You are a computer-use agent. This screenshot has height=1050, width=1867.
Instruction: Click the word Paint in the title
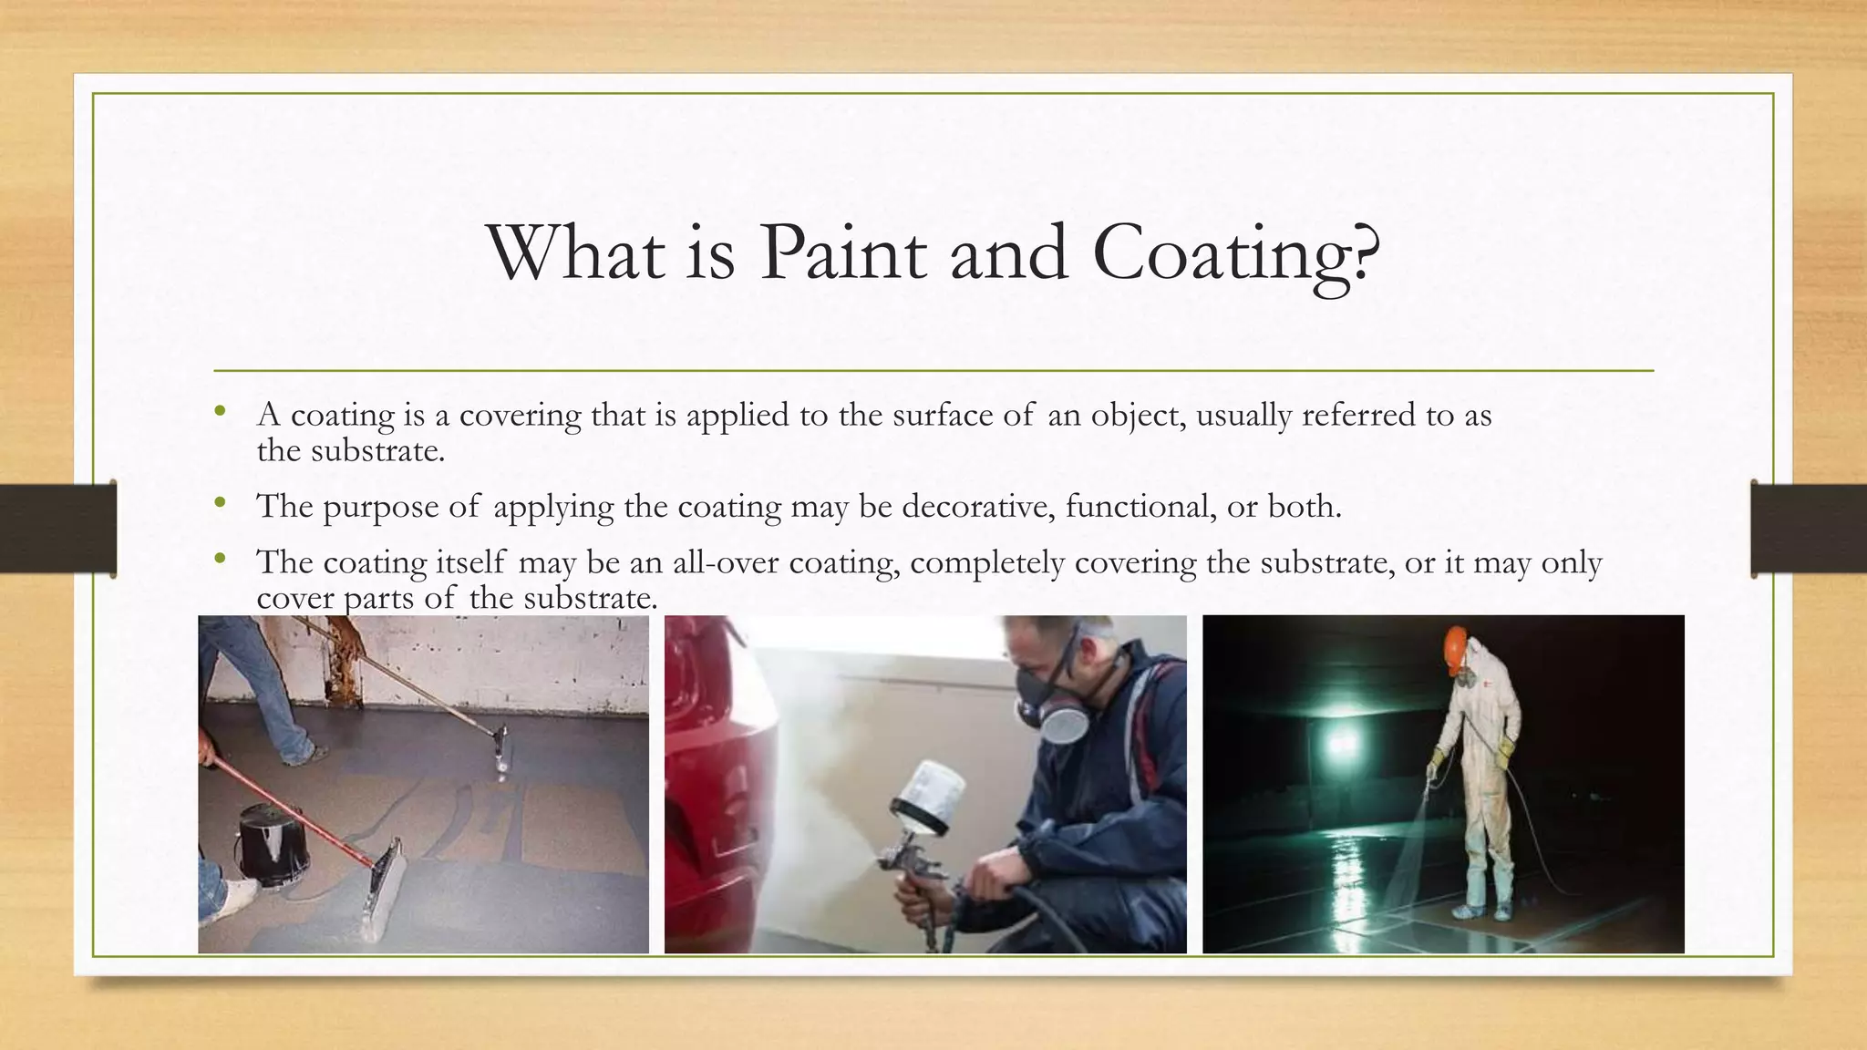pos(842,252)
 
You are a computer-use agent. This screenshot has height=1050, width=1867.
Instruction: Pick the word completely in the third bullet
pos(987,563)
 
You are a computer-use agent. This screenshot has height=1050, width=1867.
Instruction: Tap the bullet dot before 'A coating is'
pos(219,412)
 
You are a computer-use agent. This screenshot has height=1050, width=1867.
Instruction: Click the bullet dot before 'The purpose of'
pos(219,503)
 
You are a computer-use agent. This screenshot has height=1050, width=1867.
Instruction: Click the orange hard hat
pos(1456,643)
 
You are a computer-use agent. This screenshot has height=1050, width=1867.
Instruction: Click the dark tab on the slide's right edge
pos(1809,529)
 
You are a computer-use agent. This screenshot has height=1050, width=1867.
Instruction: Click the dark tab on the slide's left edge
pos(57,529)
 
